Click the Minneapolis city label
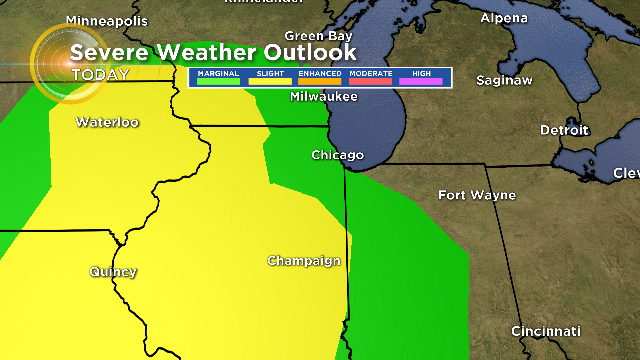(x=107, y=20)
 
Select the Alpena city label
(x=505, y=18)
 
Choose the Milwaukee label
(x=323, y=97)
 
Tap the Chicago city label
(x=337, y=155)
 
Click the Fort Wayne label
(x=478, y=194)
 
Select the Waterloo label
(x=107, y=123)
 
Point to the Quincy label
(x=113, y=271)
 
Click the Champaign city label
(x=304, y=261)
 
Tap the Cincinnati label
(x=545, y=330)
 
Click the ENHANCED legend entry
(x=320, y=76)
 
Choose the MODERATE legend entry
(x=371, y=76)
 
